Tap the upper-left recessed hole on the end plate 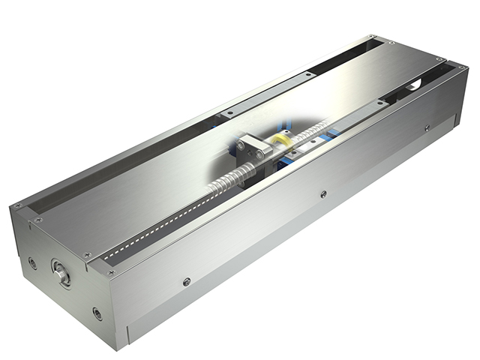[x=32, y=263]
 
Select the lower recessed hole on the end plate [x=97, y=313]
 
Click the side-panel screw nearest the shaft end [x=187, y=282]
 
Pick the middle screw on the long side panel [x=323, y=194]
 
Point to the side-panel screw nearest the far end [x=427, y=127]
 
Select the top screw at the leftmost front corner [x=16, y=206]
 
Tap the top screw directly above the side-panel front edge [x=112, y=273]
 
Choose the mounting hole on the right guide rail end [x=382, y=103]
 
